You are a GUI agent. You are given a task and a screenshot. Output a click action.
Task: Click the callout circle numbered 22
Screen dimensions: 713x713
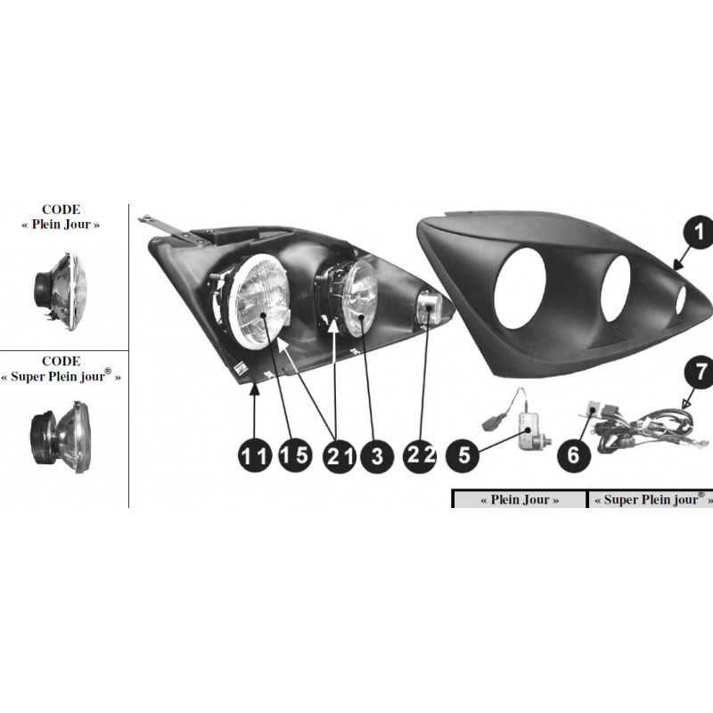(420, 455)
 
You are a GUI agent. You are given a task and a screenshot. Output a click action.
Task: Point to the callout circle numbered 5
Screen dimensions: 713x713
(464, 455)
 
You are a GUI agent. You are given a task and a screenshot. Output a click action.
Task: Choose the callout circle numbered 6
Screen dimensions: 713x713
(574, 455)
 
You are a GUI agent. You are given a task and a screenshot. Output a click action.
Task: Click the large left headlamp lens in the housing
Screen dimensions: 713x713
(261, 299)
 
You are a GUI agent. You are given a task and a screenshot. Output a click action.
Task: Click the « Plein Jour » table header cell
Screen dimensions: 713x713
(520, 500)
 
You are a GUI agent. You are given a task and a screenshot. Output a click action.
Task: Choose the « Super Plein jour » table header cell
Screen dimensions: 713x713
(650, 500)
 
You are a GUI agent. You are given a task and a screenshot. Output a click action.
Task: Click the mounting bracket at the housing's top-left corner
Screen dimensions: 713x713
(169, 227)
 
